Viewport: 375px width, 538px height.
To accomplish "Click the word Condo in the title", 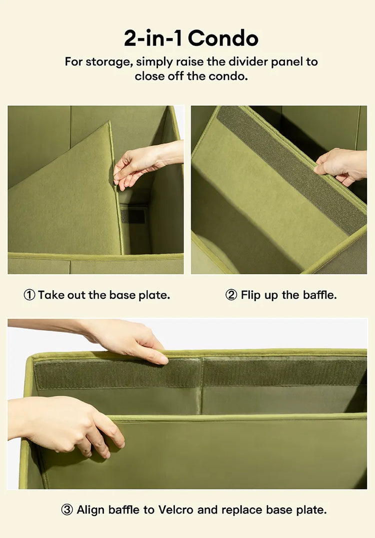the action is tap(223, 38).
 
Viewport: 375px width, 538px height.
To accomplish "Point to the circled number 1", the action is tap(29, 295).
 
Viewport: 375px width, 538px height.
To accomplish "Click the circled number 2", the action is tap(231, 295).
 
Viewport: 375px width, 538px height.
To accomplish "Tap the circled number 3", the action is tap(67, 510).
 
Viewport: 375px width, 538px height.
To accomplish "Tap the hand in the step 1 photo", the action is tap(147, 163).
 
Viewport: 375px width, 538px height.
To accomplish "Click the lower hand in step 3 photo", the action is tap(65, 426).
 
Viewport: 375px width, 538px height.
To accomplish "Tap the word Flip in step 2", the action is tap(251, 295).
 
